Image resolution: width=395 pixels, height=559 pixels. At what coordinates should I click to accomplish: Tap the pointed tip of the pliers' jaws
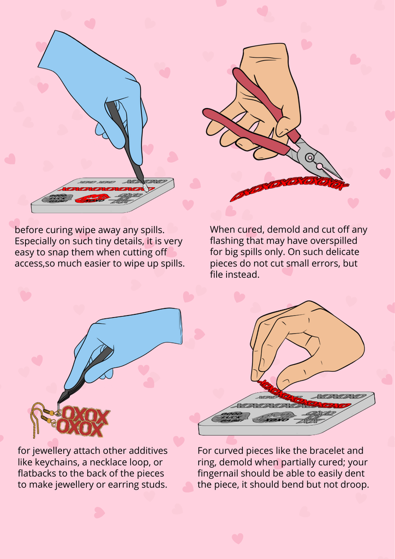coord(343,179)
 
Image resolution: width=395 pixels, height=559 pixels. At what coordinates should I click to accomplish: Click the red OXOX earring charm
coord(82,423)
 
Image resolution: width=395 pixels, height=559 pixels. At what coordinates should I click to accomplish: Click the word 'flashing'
coord(226,241)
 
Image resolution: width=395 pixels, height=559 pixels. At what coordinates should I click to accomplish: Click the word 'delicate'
coord(343,252)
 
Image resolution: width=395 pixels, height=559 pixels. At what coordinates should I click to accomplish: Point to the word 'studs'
coord(155,485)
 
